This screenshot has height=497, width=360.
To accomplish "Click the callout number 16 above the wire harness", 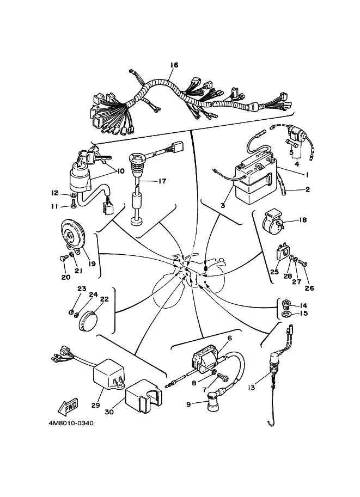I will (x=174, y=65).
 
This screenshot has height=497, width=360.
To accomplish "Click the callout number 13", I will (x=251, y=388).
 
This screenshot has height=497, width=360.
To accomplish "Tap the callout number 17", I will (x=162, y=181).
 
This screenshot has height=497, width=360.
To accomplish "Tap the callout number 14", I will (x=304, y=305).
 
